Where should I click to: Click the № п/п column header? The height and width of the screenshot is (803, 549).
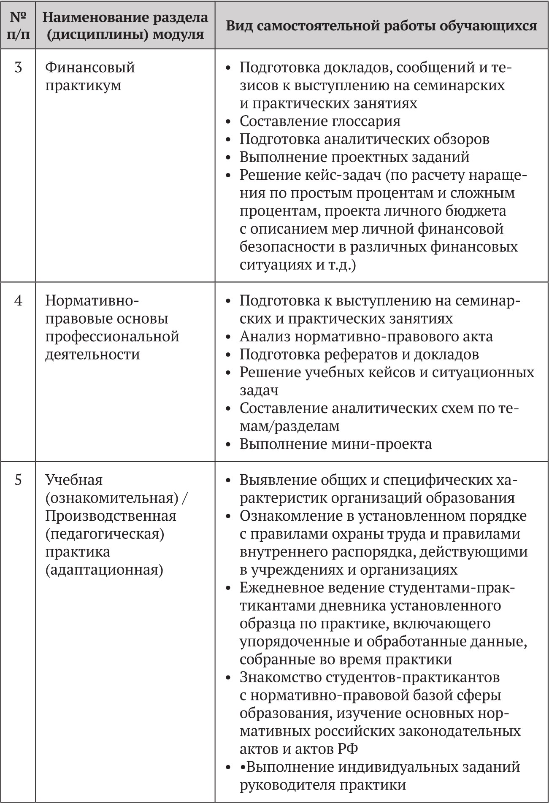(18, 25)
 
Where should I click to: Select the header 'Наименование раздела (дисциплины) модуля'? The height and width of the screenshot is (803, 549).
(125, 25)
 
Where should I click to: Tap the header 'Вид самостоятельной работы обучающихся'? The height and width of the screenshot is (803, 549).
(381, 26)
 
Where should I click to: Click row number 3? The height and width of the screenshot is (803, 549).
(18, 68)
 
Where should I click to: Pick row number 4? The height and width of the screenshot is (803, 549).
(18, 301)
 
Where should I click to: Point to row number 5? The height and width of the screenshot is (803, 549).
(18, 480)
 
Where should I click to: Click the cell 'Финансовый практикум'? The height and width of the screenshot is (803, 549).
(90, 76)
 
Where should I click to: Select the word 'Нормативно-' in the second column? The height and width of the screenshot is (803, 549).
(92, 301)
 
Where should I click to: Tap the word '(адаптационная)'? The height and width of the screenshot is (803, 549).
(104, 570)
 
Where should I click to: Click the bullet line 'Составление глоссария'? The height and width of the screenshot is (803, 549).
(320, 122)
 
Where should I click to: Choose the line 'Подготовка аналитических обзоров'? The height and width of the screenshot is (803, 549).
(364, 139)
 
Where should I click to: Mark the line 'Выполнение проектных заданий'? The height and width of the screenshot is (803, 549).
(354, 157)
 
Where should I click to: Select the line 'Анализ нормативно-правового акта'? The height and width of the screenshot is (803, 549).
(366, 337)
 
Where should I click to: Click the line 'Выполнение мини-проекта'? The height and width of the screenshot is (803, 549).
(335, 444)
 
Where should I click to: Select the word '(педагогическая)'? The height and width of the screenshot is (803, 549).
(105, 534)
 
